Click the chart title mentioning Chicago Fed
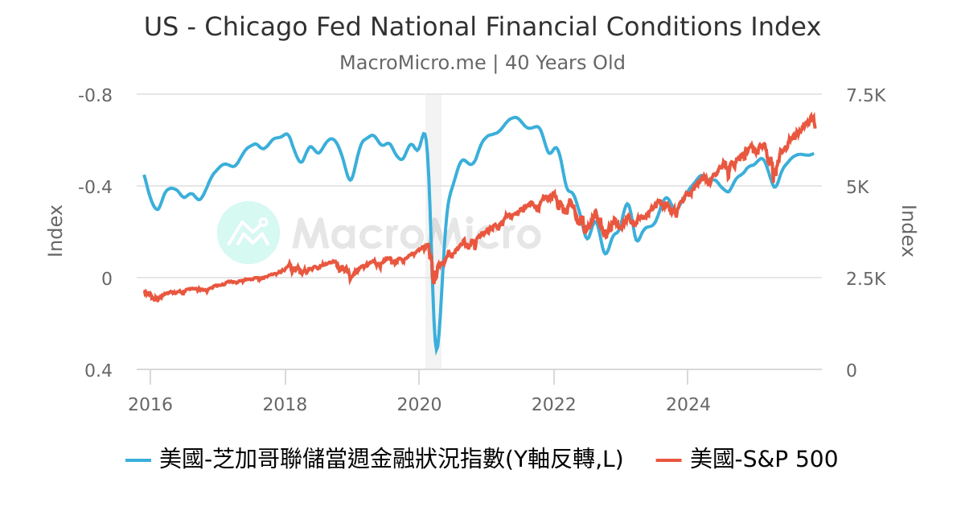pos(482,27)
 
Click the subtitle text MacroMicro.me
pos(413,63)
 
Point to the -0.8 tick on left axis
pos(95,95)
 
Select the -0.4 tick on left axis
pos(95,187)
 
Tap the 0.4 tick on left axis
pos(99,370)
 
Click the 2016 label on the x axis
pos(150,404)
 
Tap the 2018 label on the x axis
pos(285,404)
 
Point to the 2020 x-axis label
pos(419,404)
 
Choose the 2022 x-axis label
pos(553,404)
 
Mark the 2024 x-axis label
pos(688,404)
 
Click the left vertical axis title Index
pos(55,231)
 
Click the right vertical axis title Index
pos(908,231)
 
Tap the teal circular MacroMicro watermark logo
pos(248,233)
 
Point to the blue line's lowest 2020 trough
pos(437,352)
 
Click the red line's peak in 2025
pos(813,115)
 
